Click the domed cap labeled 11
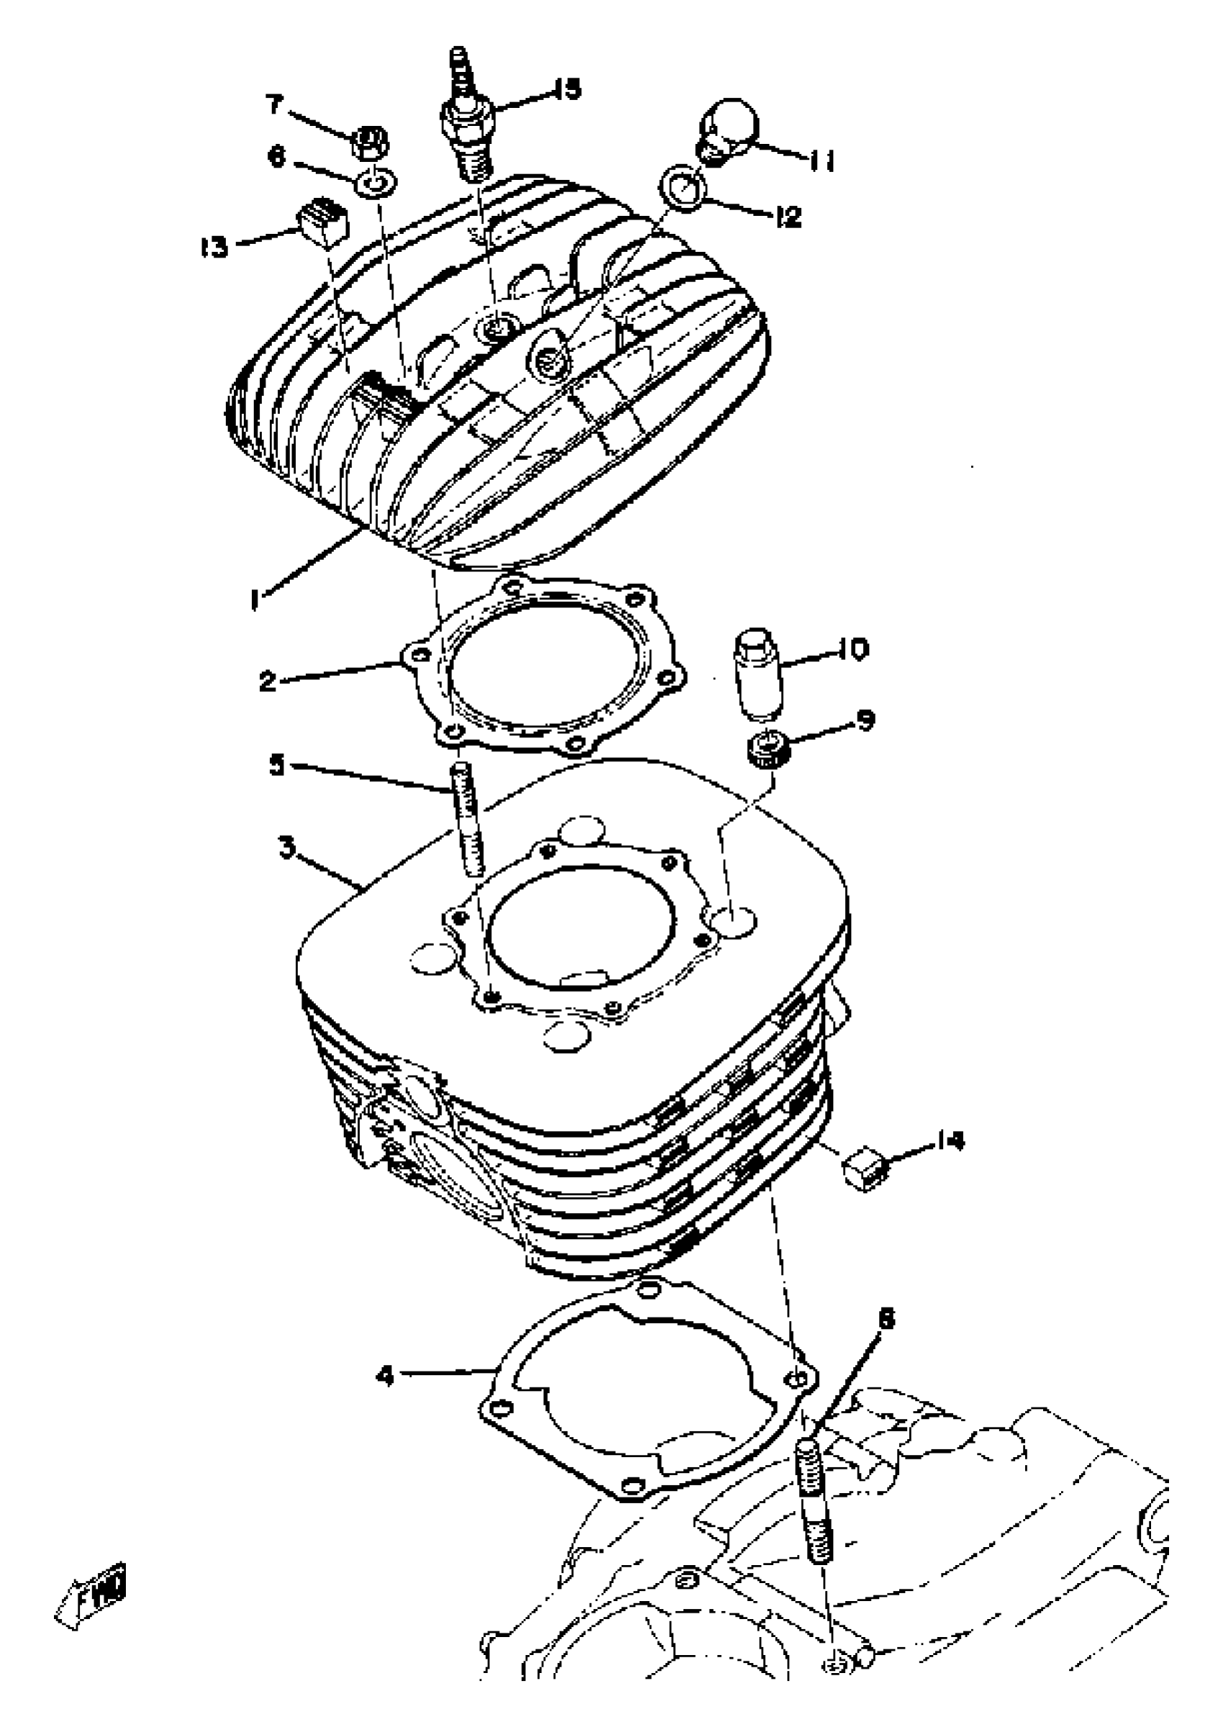coord(726,126)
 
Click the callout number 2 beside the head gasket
coord(267,681)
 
